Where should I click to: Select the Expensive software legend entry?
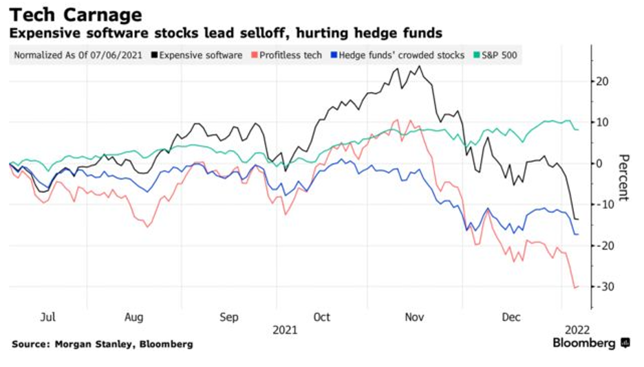pos(200,54)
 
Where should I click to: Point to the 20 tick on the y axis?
pos(603,81)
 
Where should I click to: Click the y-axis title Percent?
pos(623,177)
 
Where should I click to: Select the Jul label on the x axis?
pos(48,317)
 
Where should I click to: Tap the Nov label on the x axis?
pos(414,317)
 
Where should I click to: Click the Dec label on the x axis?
pos(510,317)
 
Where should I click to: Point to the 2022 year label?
pos(576,329)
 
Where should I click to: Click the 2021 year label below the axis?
pos(285,329)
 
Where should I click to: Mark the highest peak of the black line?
pos(419,66)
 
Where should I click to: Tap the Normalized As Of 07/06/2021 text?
pos(78,54)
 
